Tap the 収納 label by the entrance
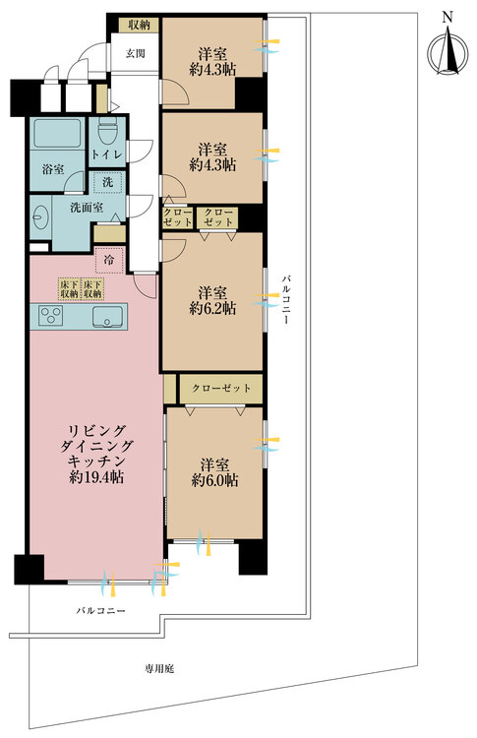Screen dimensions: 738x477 click(x=137, y=26)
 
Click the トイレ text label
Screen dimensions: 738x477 click(x=106, y=155)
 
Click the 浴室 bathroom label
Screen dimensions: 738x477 click(x=53, y=169)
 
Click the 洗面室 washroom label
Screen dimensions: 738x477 click(x=87, y=208)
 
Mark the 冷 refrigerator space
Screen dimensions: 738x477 click(x=108, y=262)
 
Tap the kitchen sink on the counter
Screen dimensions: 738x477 click(x=106, y=316)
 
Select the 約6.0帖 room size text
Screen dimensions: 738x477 click(x=214, y=480)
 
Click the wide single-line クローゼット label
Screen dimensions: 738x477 click(x=221, y=389)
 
